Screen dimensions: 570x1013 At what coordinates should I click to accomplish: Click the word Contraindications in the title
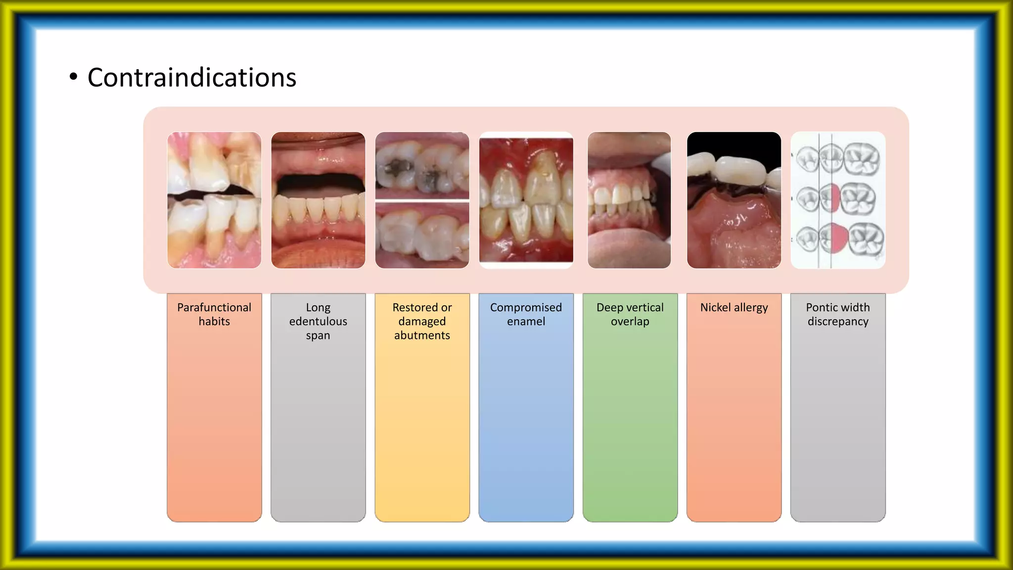coord(191,78)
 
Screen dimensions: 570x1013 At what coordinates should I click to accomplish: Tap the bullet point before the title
coord(73,77)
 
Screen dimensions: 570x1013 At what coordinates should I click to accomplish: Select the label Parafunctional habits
coord(214,314)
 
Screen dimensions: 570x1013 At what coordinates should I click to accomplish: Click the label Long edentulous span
coord(318,321)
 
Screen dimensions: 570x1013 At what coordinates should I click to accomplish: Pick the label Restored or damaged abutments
coord(422,321)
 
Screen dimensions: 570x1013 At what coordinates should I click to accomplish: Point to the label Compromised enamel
coord(526,314)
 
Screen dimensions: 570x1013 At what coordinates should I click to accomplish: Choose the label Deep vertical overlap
coord(630,314)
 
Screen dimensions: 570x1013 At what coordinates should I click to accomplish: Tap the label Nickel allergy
coord(734,307)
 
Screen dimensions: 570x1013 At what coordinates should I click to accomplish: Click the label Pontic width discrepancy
coord(838,314)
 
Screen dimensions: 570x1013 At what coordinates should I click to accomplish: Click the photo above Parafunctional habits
coord(214,200)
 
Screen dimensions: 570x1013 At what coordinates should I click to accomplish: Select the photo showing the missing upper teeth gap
coord(318,200)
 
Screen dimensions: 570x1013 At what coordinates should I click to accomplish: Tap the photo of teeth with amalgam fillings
coord(422,200)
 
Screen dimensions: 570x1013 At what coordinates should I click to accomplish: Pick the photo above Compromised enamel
coord(526,200)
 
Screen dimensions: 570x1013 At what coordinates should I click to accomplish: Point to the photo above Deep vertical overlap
coord(629,200)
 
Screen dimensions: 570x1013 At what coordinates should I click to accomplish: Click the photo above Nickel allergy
coord(734,200)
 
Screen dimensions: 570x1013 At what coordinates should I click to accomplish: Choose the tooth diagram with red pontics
coord(838,200)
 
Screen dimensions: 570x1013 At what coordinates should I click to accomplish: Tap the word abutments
coord(422,335)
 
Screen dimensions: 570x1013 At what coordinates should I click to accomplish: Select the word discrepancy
coord(838,322)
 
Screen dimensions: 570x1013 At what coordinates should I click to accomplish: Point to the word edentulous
coord(318,322)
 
